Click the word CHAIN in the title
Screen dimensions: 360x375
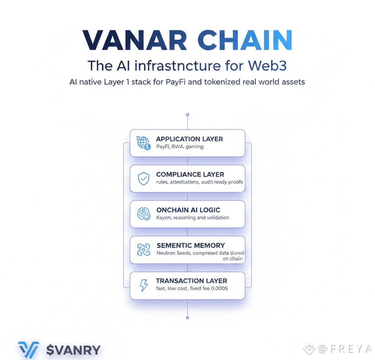click(x=242, y=40)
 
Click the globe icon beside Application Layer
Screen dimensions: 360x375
click(x=143, y=143)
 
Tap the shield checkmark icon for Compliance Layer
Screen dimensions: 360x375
click(x=143, y=178)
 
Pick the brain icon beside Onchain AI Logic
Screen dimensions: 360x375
click(x=143, y=214)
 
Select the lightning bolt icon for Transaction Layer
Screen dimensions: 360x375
click(x=143, y=285)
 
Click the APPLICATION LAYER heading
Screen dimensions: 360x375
click(x=189, y=139)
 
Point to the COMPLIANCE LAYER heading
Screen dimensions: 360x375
click(x=190, y=174)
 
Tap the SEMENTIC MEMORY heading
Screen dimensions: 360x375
click(x=190, y=245)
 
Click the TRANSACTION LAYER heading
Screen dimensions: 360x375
click(x=191, y=281)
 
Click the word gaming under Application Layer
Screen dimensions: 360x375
click(x=194, y=147)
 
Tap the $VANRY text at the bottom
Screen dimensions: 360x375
click(x=73, y=350)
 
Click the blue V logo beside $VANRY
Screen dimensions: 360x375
click(x=29, y=350)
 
